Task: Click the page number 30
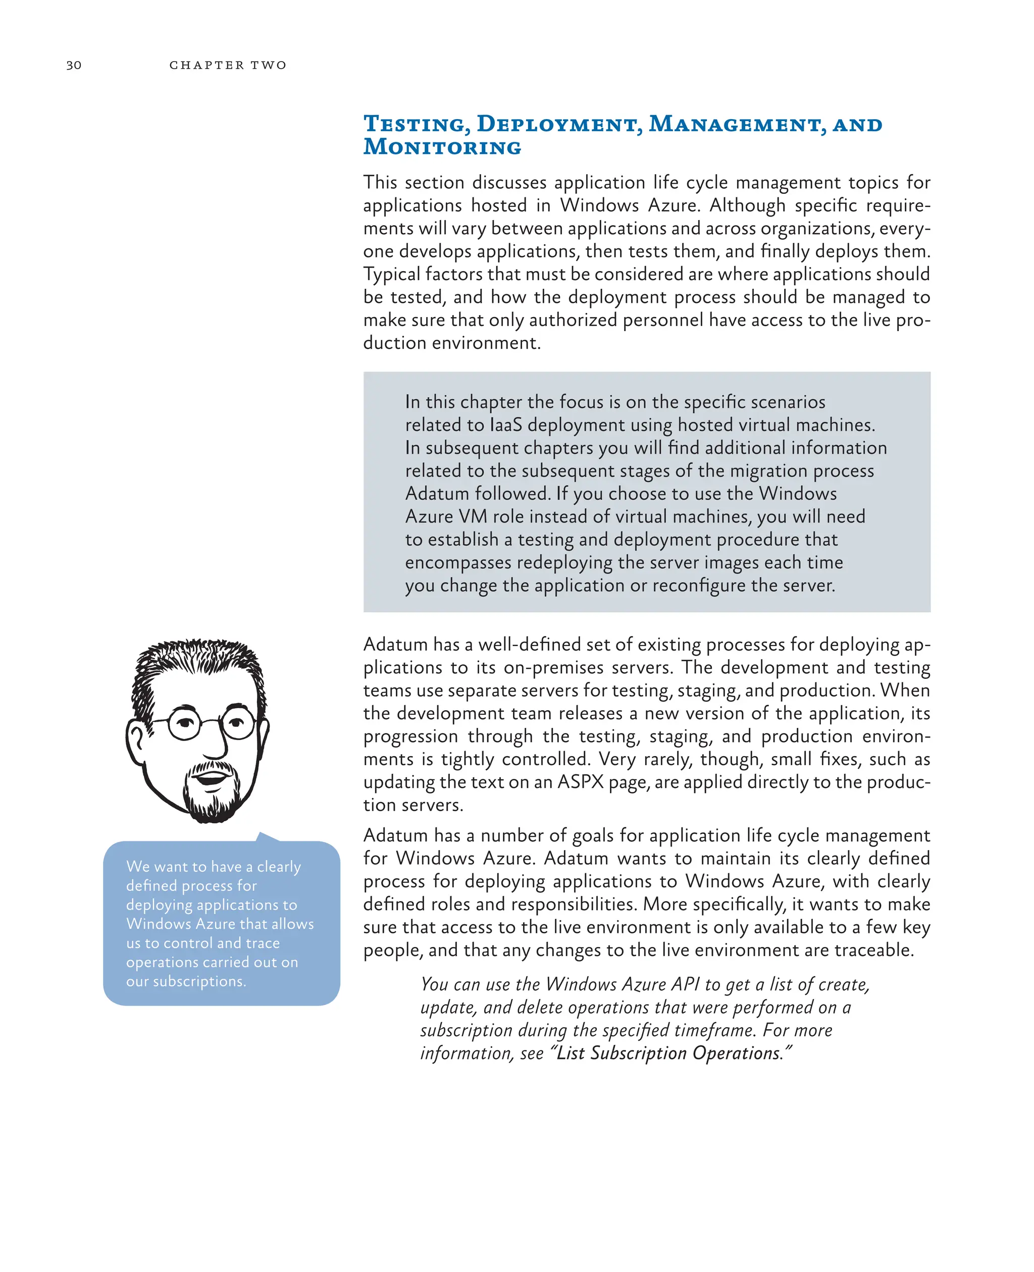point(74,65)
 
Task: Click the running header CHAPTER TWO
point(228,65)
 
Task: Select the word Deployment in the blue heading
point(559,124)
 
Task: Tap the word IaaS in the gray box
point(506,425)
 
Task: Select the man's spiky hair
point(196,661)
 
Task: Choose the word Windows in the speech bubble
point(159,924)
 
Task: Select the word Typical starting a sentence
point(391,274)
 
